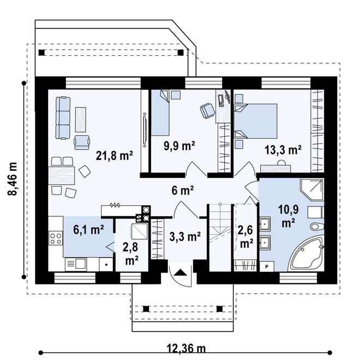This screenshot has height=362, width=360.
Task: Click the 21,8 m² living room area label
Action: coord(115,156)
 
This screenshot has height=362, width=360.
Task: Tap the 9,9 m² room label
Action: coord(179,146)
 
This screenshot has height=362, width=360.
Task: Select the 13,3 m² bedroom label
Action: coord(283,150)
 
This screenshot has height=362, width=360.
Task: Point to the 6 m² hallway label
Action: coord(183,191)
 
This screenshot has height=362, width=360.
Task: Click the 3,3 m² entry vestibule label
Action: coord(185,236)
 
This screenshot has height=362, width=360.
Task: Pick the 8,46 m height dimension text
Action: coord(13,179)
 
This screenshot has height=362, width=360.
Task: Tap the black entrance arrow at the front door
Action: coord(181,272)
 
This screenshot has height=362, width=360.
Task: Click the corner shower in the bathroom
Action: coord(312,189)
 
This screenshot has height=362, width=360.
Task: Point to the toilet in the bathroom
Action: coord(317,226)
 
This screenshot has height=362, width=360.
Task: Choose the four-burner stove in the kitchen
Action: coord(56,239)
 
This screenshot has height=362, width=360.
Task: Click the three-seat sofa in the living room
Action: coord(63,118)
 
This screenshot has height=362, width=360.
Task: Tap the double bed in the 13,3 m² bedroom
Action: coord(255,121)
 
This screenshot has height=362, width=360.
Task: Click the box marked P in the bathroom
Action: coord(267,266)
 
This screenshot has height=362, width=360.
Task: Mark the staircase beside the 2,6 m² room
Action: coord(220,238)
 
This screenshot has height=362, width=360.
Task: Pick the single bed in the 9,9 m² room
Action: coord(160,112)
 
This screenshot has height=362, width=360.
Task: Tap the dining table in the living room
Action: coord(61,175)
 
